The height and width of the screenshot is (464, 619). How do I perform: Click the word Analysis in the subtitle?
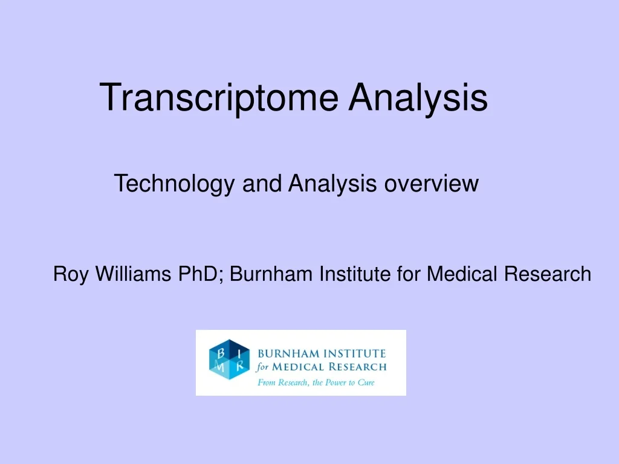(x=333, y=183)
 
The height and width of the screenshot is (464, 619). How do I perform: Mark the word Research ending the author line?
(x=548, y=274)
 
